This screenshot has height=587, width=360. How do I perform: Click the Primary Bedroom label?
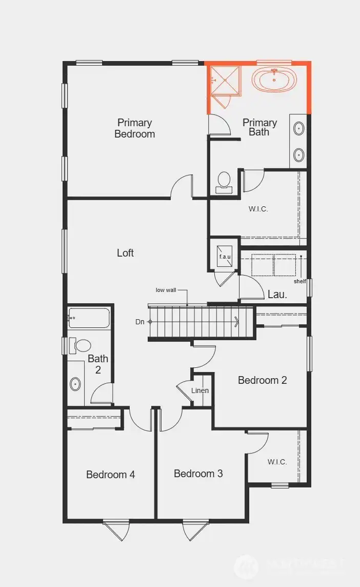point(134,128)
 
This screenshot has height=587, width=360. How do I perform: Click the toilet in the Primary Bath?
point(224,181)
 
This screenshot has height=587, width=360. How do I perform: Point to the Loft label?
point(125,252)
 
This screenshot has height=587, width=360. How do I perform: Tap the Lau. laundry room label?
point(277,295)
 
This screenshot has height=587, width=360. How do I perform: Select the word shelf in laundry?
point(299,281)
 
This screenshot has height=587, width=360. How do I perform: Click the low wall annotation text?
point(166,290)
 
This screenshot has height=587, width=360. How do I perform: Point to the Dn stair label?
point(139,322)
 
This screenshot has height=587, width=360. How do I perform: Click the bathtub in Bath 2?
point(89,318)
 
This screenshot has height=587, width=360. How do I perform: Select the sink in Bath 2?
point(75,383)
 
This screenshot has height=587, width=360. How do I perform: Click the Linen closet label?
point(200,390)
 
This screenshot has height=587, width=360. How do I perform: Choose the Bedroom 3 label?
point(198,473)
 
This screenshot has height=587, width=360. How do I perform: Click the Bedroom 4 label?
point(110,475)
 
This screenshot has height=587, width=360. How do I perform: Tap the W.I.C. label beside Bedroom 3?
point(277,462)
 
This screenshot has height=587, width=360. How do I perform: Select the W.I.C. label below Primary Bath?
point(258,209)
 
